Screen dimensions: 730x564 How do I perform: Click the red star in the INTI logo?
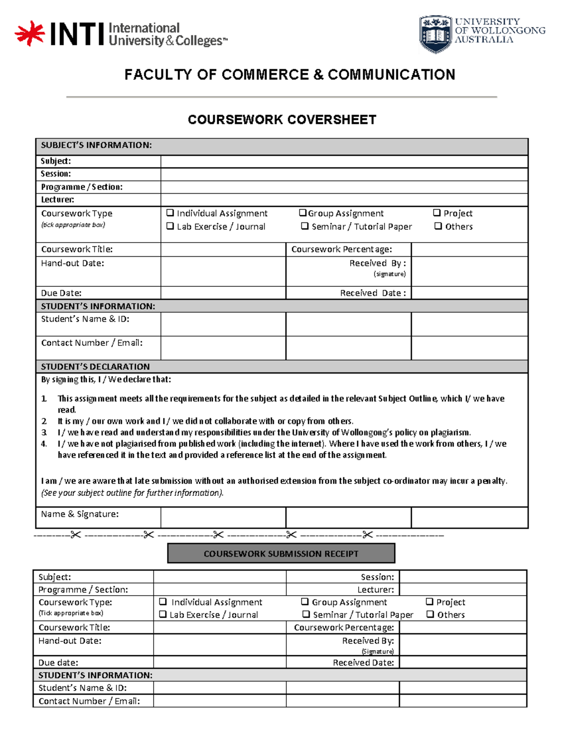coord(29,33)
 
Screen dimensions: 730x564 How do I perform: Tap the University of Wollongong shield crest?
coord(435,33)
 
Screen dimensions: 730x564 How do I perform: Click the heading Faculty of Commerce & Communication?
coord(290,75)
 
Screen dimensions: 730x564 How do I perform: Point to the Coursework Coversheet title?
coord(282,120)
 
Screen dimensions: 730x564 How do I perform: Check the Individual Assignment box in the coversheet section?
coord(170,213)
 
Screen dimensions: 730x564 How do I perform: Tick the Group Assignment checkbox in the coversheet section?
coord(303,213)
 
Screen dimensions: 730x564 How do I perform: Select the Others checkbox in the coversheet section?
coord(438,226)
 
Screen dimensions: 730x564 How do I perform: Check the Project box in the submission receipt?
coord(430,602)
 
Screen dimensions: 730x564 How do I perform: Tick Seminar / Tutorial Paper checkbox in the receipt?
coord(306,614)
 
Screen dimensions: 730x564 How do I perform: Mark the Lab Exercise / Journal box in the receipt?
coord(163,614)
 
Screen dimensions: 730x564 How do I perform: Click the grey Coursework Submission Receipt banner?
coord(281,553)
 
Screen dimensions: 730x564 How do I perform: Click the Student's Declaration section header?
coord(95,367)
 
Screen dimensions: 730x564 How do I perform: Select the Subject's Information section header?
coord(96,145)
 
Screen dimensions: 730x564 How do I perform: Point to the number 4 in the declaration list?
coord(44,444)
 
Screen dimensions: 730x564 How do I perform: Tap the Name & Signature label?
coord(80,514)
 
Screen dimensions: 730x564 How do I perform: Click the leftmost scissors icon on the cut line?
coord(76,535)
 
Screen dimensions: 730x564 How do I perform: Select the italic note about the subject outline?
coord(132,493)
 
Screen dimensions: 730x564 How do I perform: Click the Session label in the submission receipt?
coord(377,577)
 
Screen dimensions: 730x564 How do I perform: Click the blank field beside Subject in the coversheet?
coord(344,161)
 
